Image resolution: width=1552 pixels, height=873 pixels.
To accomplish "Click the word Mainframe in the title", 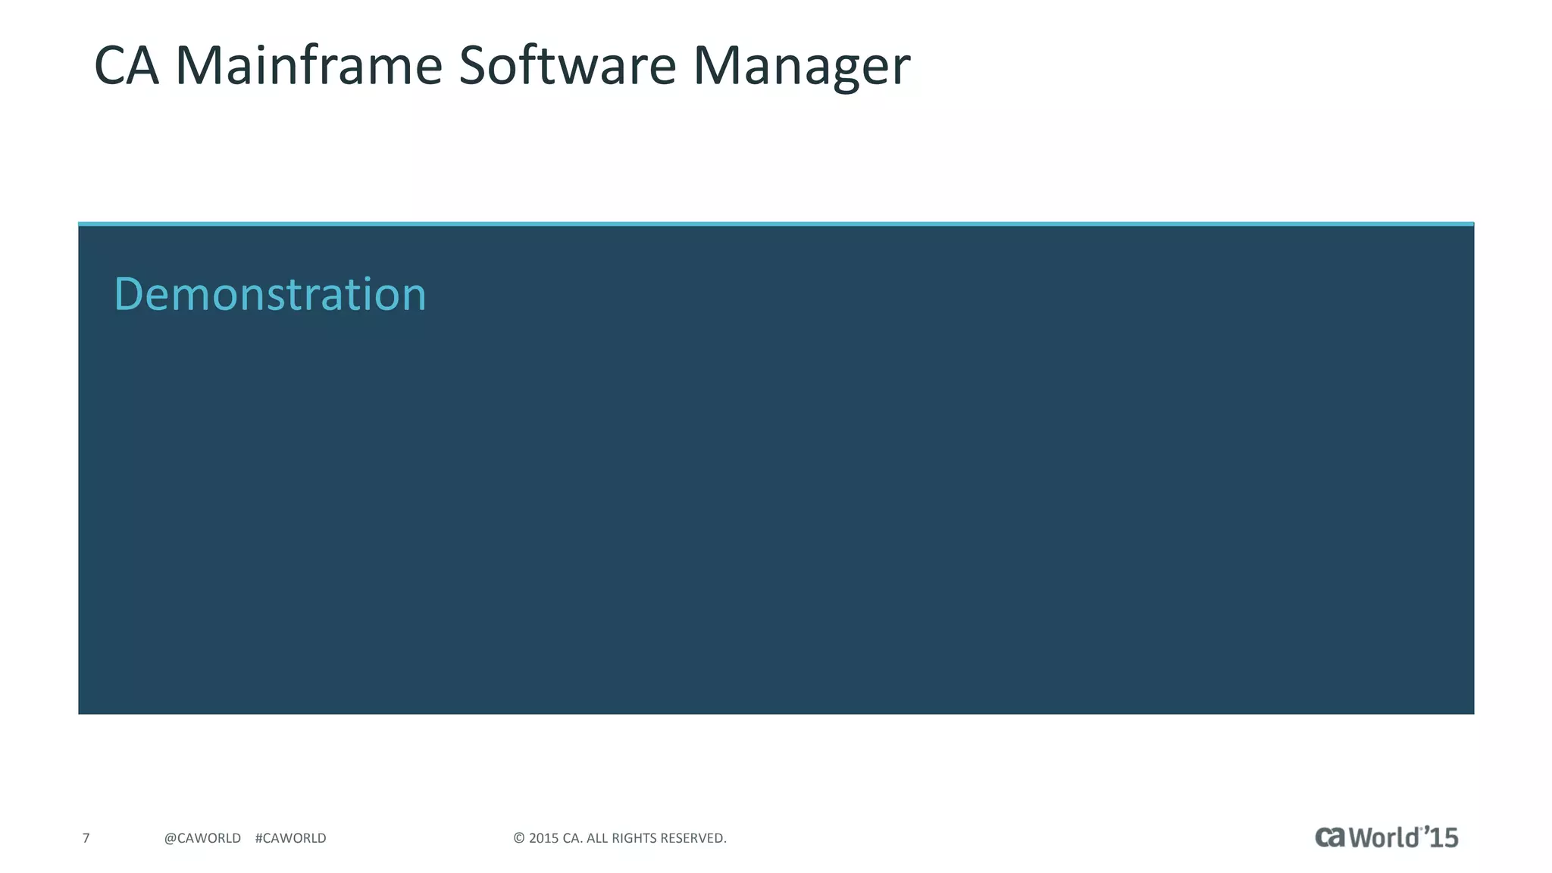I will coord(308,66).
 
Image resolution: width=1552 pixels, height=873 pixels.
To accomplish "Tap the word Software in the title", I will coord(567,66).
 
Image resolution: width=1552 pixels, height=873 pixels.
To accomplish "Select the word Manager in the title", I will coord(801,66).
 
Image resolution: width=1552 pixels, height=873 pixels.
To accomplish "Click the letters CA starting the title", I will coord(127,66).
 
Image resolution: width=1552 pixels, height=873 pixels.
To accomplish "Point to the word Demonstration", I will coord(270,294).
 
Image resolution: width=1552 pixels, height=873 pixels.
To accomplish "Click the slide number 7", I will coord(86,838).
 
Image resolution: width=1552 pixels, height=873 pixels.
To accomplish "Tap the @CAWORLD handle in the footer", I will coord(202,838).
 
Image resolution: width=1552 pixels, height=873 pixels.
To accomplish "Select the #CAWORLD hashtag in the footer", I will coord(291,838).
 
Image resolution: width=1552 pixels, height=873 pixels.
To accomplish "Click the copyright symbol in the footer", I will coord(519,838).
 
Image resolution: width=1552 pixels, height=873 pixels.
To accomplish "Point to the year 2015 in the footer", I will coord(543,838).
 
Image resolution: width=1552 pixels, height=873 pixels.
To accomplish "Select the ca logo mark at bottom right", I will coord(1330,837).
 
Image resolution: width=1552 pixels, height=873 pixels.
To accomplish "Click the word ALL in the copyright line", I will coord(597,838).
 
